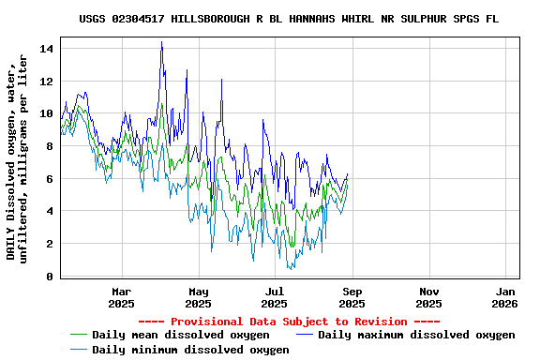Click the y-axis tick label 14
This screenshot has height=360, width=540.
48,48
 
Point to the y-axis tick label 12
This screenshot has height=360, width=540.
48,81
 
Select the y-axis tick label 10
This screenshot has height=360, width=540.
48,113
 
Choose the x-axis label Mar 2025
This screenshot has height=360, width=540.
121,297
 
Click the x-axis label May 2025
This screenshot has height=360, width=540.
198,297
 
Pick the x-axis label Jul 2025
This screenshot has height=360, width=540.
275,297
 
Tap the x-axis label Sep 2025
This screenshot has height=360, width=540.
352,297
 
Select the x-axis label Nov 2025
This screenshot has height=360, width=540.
428,297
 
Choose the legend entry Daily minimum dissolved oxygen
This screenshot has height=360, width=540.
190,350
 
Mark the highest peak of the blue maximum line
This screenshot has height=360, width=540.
161,42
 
